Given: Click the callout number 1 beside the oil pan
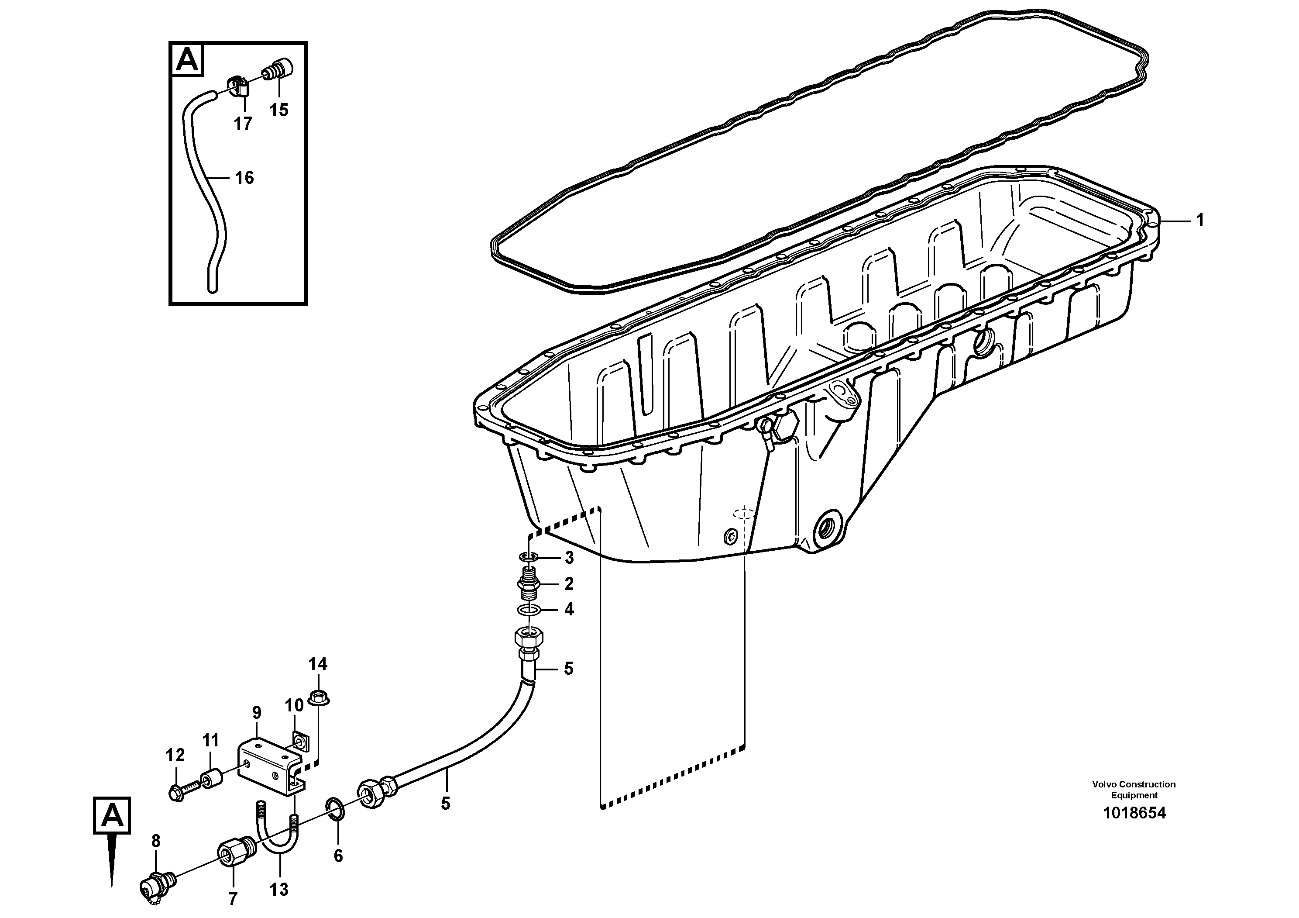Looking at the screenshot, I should (1200, 220).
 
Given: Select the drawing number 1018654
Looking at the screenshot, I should (1134, 813).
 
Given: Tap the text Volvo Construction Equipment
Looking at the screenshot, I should (1134, 790).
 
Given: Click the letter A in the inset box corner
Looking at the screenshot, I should (188, 60).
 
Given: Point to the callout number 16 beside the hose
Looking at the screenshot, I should (244, 178).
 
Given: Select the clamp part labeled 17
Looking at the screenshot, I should (241, 86).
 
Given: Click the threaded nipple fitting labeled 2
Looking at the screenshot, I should (529, 583).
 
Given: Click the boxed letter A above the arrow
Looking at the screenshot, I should (112, 815).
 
